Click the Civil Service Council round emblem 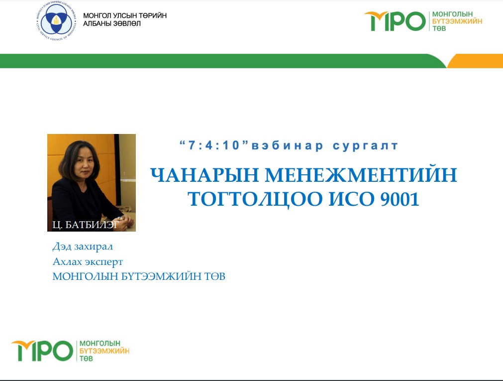57,21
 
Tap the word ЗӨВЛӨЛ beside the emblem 126,23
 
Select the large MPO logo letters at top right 395,21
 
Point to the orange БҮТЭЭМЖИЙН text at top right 457,21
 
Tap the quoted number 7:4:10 214,145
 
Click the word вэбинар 288,146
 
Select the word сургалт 365,146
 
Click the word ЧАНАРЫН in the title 204,175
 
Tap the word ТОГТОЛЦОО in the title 255,199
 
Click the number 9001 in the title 400,199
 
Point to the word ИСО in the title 352,199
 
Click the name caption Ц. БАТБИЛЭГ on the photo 86,225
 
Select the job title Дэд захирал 83,247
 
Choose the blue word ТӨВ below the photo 215,276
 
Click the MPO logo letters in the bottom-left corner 42,351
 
